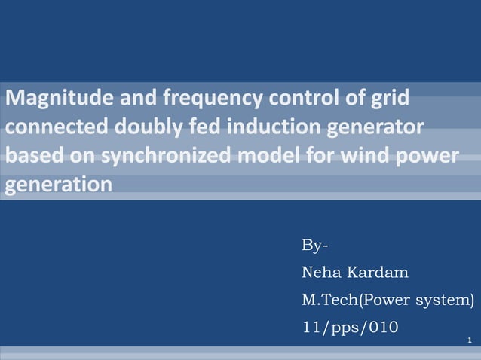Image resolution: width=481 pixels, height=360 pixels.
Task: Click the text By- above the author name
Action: [x=314, y=246]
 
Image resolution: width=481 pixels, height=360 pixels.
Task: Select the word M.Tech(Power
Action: [x=354, y=301]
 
